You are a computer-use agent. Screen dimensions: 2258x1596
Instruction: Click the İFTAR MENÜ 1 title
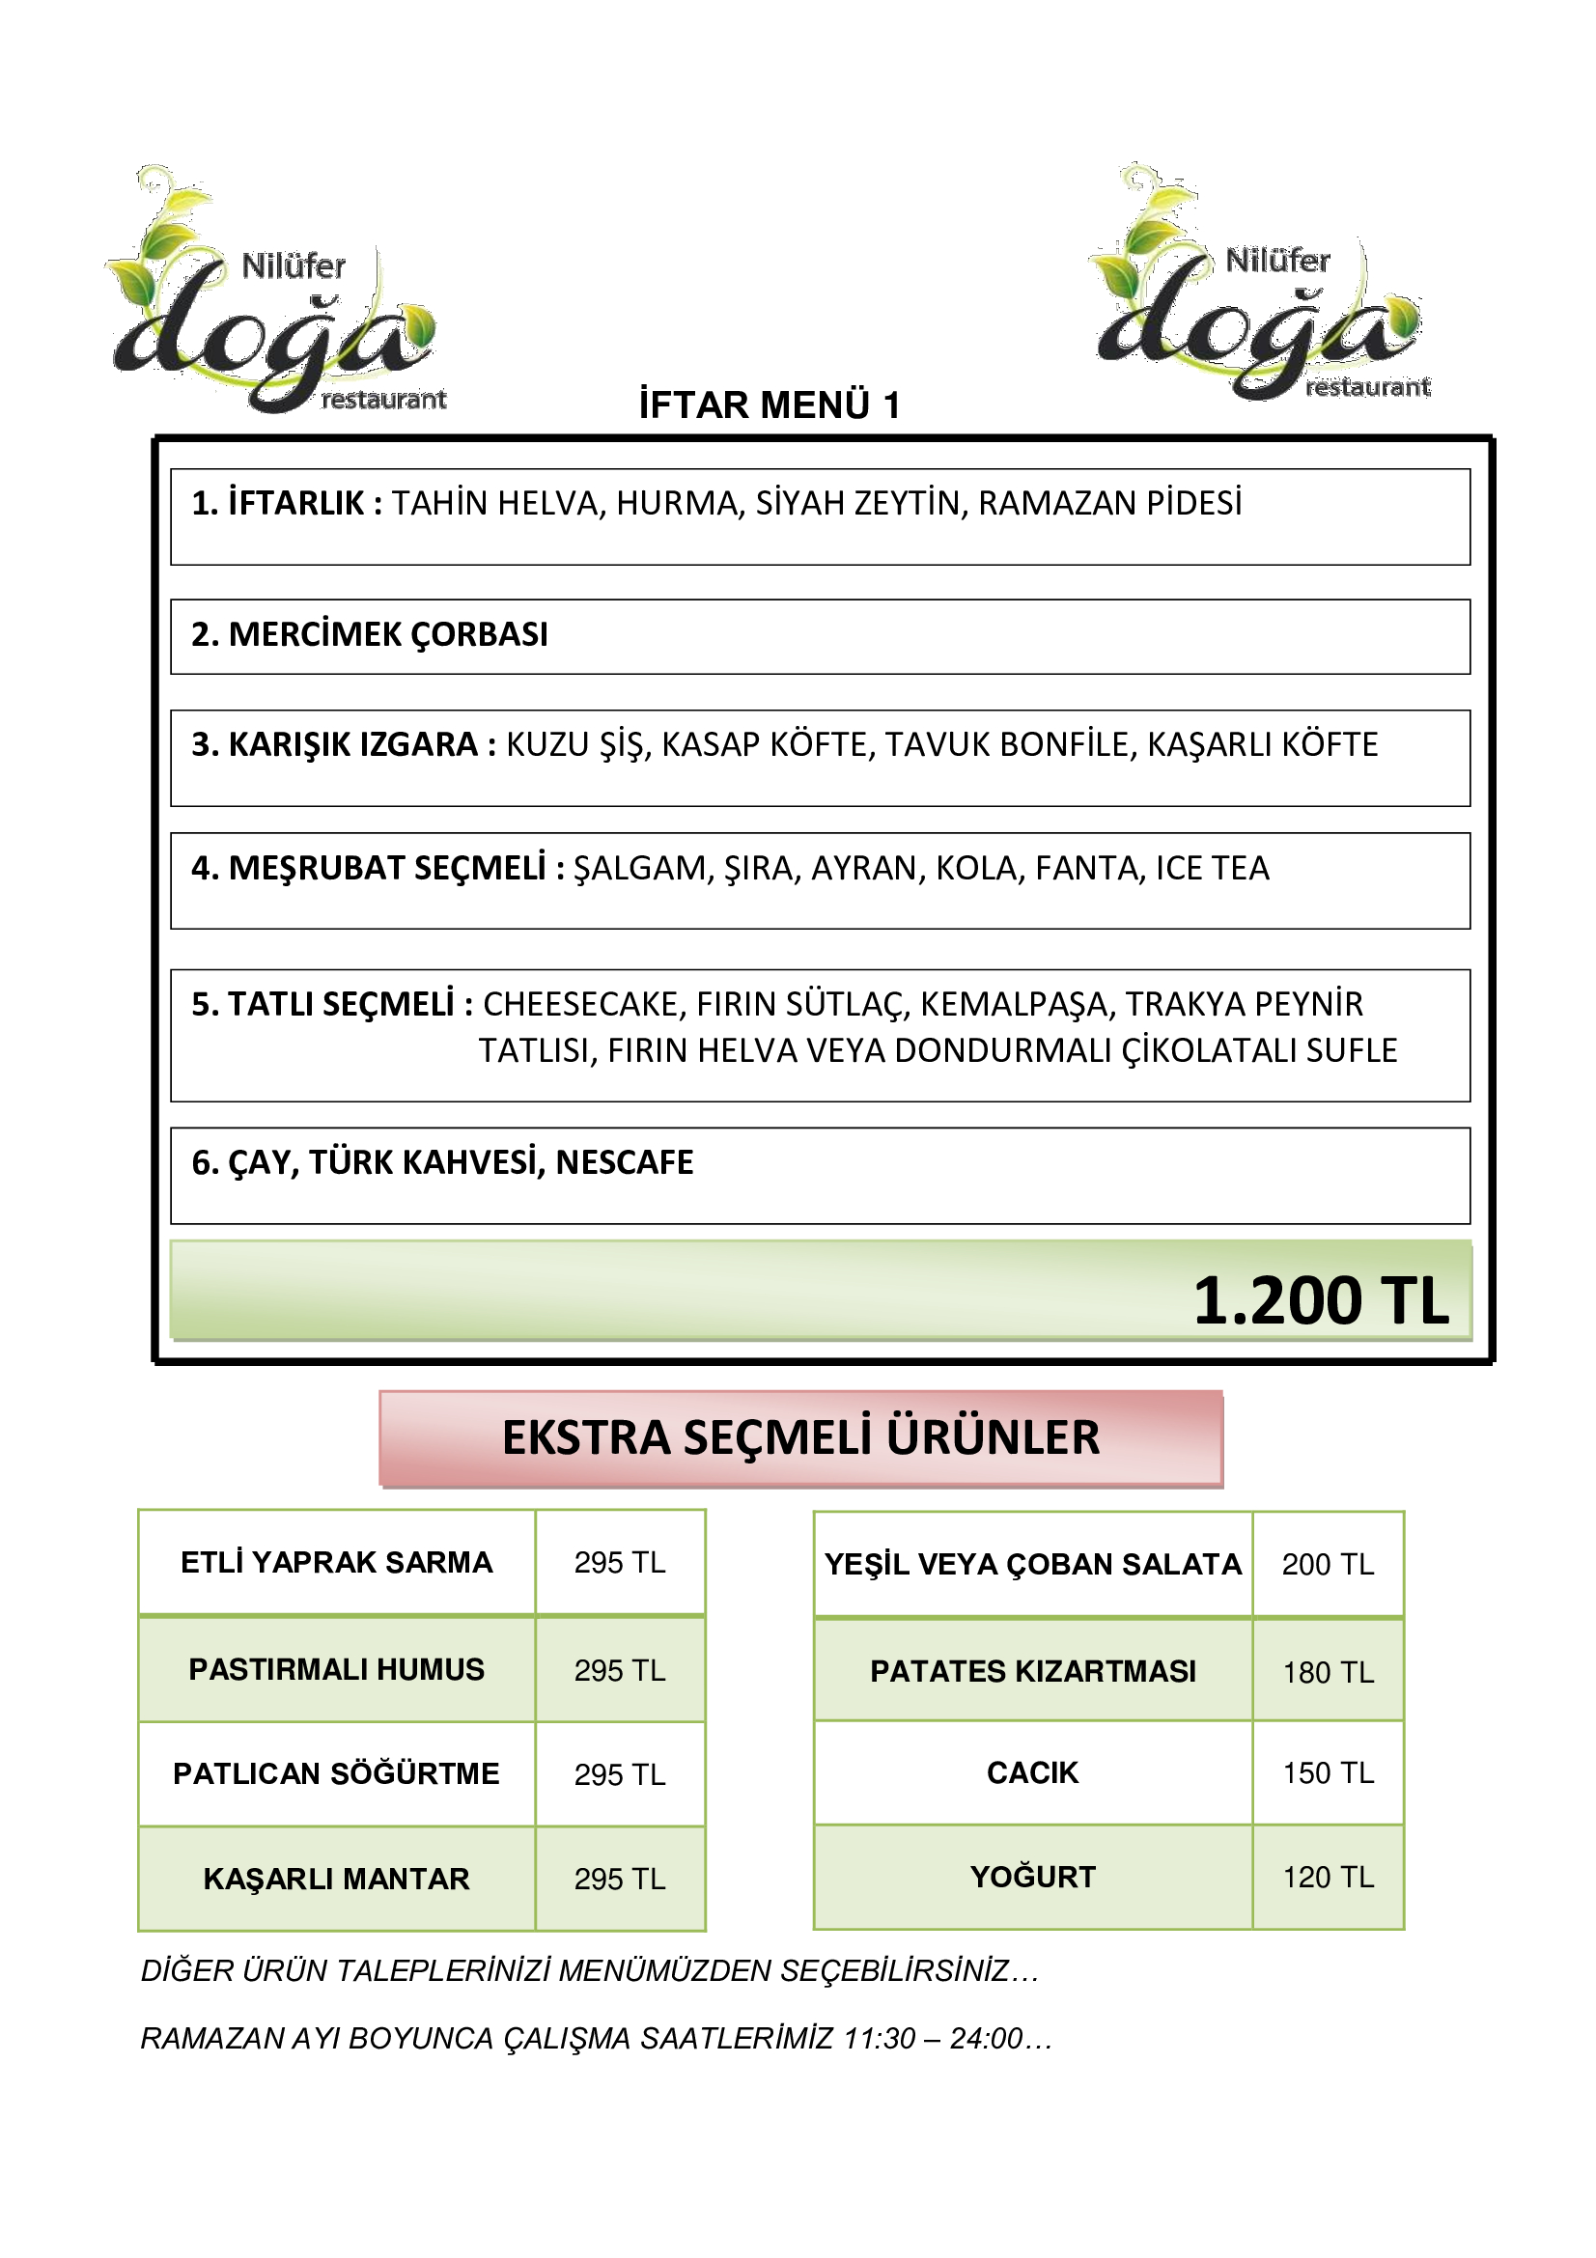point(769,405)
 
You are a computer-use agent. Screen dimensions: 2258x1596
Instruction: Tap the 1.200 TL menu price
point(1320,1301)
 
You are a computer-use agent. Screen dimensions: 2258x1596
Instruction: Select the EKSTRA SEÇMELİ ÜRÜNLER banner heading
point(800,1437)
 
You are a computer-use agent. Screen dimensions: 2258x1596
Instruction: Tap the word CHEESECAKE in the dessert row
point(583,1004)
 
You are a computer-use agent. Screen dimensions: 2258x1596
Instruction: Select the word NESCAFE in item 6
point(625,1162)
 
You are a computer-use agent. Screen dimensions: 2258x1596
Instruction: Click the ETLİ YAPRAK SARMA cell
point(336,1563)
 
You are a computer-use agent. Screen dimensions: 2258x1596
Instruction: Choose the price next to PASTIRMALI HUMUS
point(620,1671)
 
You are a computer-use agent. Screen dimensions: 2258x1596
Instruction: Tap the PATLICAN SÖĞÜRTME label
point(336,1774)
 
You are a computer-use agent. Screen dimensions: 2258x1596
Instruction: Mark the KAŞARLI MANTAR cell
point(336,1880)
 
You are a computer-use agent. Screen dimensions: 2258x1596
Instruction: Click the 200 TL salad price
point(1328,1565)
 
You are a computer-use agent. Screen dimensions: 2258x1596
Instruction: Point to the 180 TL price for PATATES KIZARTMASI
point(1328,1672)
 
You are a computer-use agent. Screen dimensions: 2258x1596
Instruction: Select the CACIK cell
point(1032,1773)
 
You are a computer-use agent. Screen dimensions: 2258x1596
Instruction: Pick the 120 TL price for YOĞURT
point(1328,1878)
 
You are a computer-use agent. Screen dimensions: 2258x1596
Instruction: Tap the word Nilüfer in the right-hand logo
point(1277,261)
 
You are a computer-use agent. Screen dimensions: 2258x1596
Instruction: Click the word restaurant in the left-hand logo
point(383,400)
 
